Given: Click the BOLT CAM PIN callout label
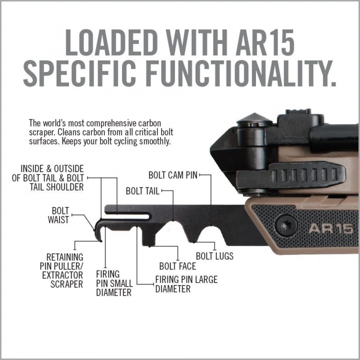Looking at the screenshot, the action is tap(173, 175).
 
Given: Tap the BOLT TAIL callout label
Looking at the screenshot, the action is tap(142, 191).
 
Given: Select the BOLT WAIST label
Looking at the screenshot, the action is tap(58, 215).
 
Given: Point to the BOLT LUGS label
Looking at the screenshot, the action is tap(214, 256).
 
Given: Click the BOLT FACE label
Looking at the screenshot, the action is tap(177, 266).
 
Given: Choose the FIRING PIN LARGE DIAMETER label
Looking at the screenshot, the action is tap(186, 284).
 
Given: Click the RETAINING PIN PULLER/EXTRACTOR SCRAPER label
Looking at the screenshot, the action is tap(61, 270).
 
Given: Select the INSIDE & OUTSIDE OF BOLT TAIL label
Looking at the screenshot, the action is tap(48, 178).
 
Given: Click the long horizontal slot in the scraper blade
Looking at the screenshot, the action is tap(127, 216).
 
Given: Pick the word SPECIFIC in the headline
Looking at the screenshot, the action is tap(79, 73).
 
